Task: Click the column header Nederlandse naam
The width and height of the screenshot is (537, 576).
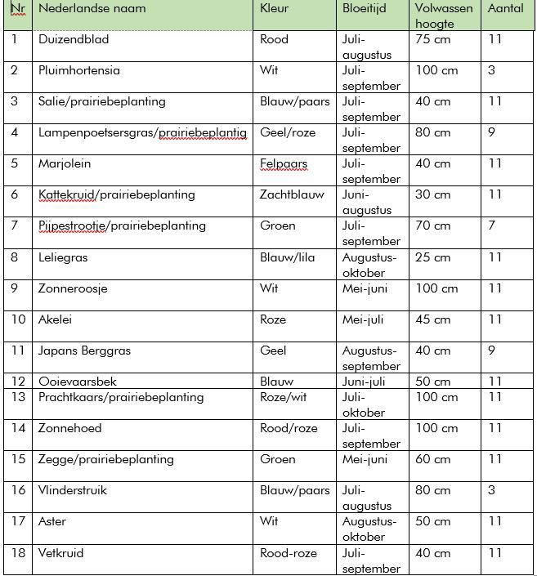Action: [92, 9]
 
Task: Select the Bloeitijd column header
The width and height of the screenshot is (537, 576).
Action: [364, 9]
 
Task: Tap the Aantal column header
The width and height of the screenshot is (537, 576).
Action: [505, 9]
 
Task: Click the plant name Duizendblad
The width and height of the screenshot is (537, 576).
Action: [74, 39]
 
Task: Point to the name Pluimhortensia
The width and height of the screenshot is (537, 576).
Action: [79, 70]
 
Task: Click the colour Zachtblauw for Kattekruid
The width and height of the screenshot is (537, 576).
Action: [292, 194]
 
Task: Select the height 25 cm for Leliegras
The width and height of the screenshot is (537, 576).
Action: [432, 257]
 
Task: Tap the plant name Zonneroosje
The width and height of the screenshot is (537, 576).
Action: [73, 288]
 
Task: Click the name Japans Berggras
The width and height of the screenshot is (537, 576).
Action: [84, 351]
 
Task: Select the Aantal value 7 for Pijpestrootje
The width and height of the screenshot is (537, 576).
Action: [492, 225]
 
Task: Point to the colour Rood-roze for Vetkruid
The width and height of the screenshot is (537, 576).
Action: [288, 553]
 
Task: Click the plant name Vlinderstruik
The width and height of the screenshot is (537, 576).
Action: [73, 490]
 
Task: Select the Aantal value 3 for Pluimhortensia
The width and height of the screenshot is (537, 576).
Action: [492, 70]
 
